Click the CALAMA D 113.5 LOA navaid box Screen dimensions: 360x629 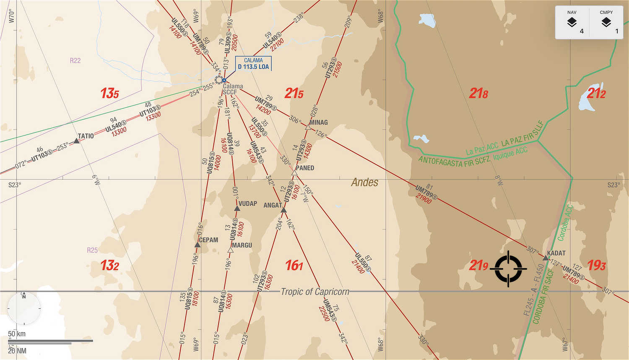click(253, 63)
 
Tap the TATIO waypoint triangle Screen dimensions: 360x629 click(77, 141)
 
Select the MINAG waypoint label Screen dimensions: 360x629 click(318, 123)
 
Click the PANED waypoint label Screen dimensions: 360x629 click(304, 168)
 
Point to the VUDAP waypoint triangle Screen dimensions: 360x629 click(237, 208)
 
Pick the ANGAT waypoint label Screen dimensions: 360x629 click(272, 205)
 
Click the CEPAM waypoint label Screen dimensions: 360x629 click(208, 240)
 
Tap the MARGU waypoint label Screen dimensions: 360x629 click(242, 245)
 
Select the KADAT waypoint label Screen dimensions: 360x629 click(556, 253)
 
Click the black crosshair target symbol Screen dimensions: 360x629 click(508, 269)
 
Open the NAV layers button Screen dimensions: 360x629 click(572, 22)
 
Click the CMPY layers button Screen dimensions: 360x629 click(606, 22)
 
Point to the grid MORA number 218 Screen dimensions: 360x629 click(478, 93)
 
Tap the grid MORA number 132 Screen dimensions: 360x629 click(109, 265)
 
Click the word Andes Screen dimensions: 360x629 click(364, 182)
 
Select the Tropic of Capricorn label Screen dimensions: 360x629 click(314, 292)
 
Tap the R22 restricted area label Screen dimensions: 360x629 click(75, 60)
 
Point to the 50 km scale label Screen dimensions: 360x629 click(17, 334)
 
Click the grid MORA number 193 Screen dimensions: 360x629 click(596, 265)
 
